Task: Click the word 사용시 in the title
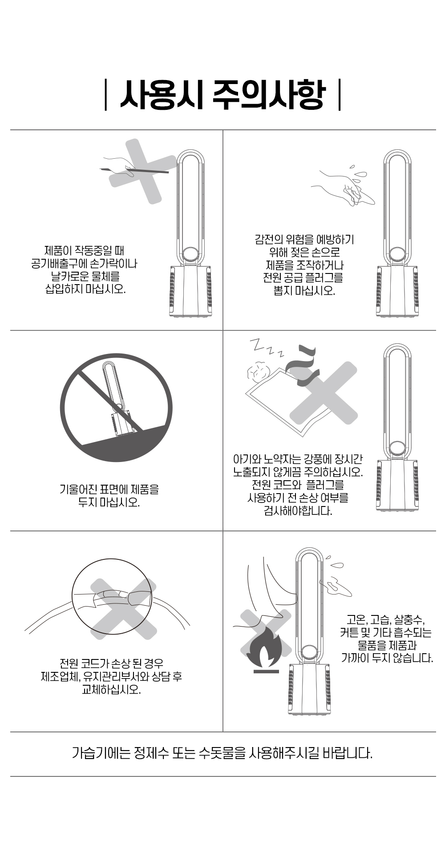click(x=162, y=95)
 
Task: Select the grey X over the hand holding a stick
click(x=143, y=172)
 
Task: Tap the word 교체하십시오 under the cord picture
click(x=111, y=690)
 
